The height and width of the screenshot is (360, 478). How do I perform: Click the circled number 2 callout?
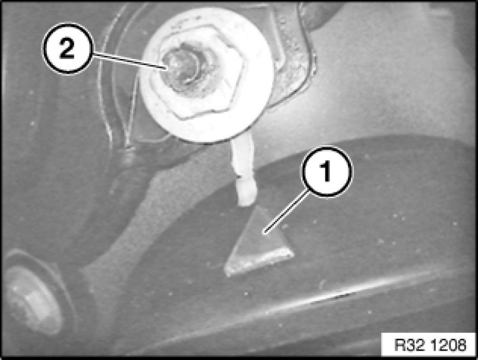click(68, 49)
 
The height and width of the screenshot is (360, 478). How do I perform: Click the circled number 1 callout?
click(327, 172)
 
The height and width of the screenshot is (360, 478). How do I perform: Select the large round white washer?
click(206, 74)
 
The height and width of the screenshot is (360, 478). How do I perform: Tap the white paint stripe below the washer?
click(244, 170)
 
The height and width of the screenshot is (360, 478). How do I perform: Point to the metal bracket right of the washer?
click(294, 54)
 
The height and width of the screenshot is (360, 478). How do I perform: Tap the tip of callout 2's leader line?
click(167, 69)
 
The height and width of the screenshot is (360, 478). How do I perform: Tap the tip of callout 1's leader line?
click(264, 234)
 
